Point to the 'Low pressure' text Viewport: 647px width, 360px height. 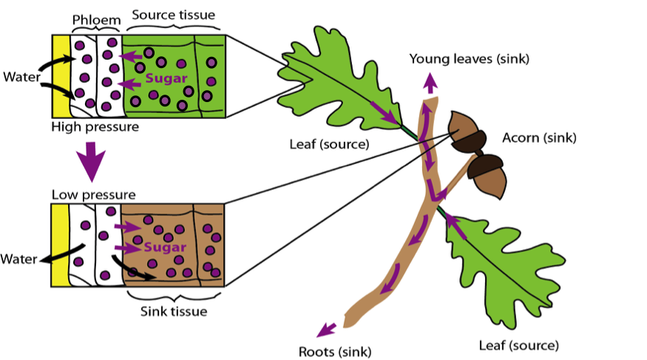[94, 195]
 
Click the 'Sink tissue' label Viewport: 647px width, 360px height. [174, 311]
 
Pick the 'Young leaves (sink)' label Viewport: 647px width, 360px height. [470, 58]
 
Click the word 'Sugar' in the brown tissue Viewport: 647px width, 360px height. [165, 247]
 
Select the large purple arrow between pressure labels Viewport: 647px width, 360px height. [92, 162]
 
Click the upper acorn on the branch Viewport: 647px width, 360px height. [466, 132]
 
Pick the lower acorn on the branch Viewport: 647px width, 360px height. [488, 172]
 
